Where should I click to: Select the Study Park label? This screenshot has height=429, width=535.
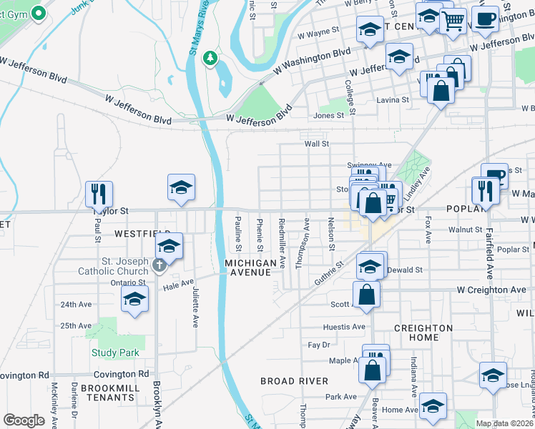click(115, 352)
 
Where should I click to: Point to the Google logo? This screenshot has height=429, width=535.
click(24, 420)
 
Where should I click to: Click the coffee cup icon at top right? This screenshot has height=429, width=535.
click(485, 19)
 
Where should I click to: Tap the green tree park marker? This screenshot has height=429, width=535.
click(210, 57)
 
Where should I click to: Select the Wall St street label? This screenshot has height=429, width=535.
click(316, 144)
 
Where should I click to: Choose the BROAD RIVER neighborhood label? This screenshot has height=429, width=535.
click(294, 381)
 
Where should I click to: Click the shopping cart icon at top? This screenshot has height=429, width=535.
click(452, 21)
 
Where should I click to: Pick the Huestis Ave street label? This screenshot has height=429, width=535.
click(344, 327)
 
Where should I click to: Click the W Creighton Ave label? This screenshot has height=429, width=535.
click(486, 290)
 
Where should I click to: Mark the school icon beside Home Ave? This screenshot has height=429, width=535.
click(433, 405)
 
